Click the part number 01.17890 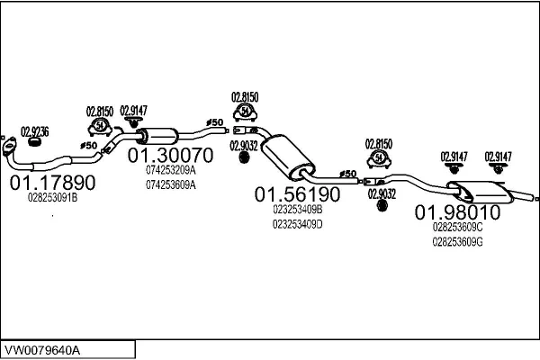pos(52,183)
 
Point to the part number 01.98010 pos(456,212)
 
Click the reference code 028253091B pos(51,198)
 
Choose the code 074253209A pos(170,169)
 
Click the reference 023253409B pos(297,209)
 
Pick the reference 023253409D pos(297,223)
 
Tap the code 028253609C pos(457,227)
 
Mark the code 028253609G pos(457,241)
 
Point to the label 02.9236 pos(35,130)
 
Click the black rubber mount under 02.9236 pos(36,141)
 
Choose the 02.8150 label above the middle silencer pos(245,96)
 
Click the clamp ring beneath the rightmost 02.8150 pos(379,158)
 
